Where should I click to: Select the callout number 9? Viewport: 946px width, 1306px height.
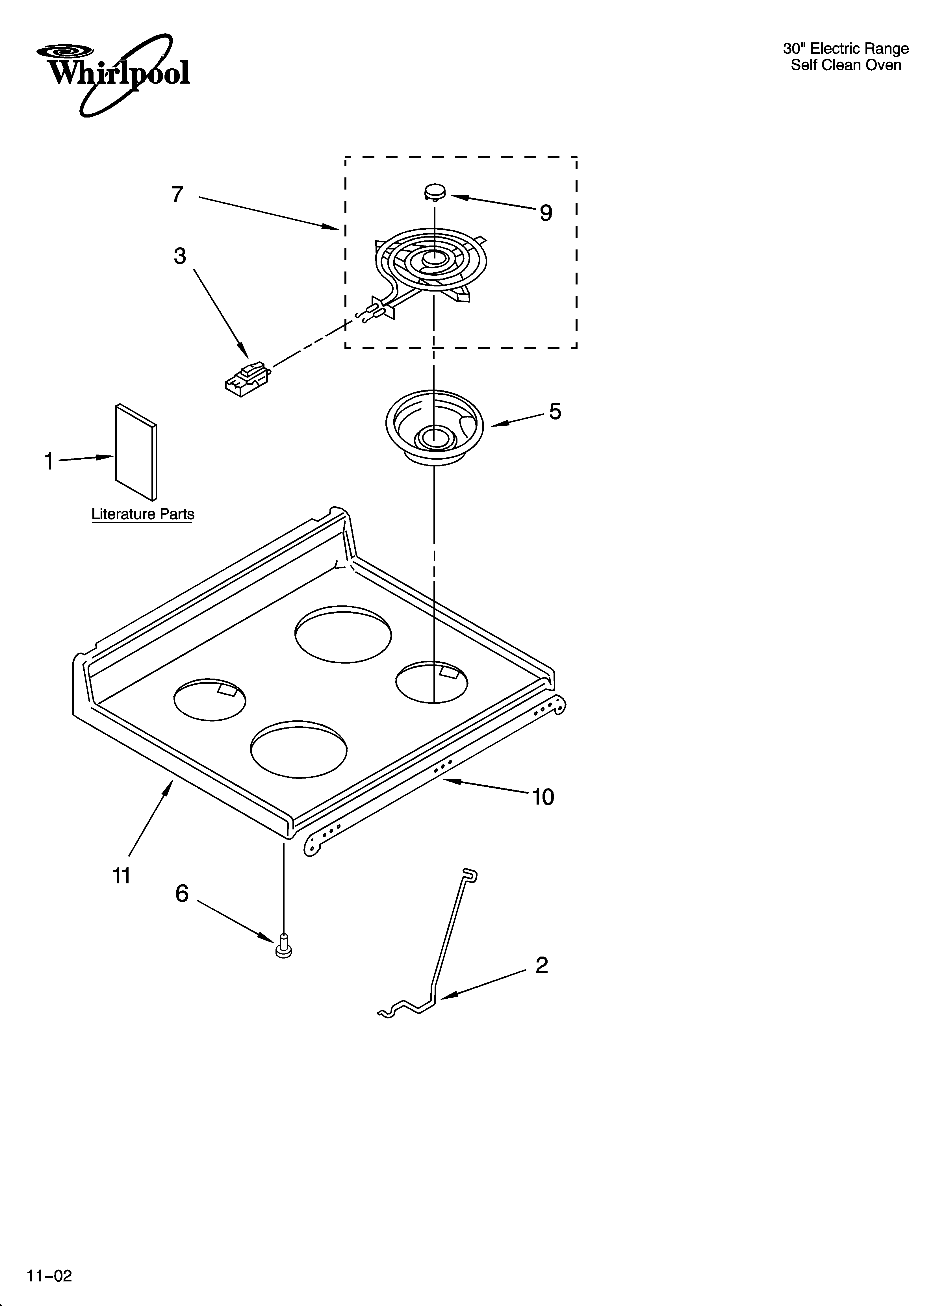point(546,213)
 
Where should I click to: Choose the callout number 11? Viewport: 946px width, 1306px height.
point(121,876)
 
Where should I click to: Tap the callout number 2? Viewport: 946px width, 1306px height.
point(542,965)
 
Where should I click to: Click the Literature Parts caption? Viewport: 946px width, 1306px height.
point(143,514)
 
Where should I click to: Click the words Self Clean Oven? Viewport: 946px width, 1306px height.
point(845,65)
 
